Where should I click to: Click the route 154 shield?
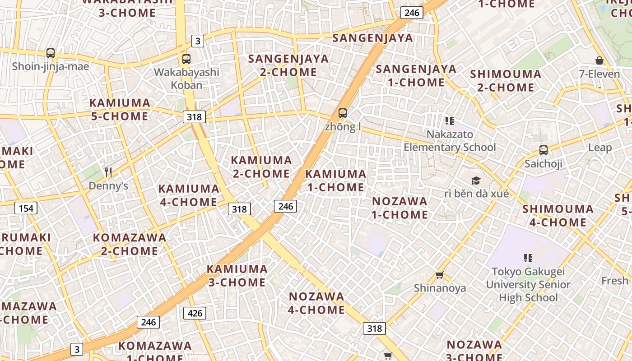point(26,208)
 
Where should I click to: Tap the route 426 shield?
point(195,313)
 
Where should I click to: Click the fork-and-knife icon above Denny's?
point(108,172)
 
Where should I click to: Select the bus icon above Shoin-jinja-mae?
point(51,53)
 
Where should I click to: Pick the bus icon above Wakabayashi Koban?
point(186,59)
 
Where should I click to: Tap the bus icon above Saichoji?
point(544,150)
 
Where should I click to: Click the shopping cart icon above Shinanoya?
point(440,275)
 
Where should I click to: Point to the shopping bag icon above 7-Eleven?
point(599,60)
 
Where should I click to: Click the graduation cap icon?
point(476,181)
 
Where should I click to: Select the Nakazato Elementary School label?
point(450,141)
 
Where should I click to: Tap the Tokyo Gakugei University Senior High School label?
point(528,284)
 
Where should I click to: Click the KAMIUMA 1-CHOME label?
point(335,180)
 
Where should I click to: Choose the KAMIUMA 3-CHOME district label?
point(237,275)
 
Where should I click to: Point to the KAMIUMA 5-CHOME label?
point(120,110)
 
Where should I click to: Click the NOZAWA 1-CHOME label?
point(400,208)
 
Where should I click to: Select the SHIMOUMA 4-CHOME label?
point(558,216)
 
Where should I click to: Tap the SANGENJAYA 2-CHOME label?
point(288,65)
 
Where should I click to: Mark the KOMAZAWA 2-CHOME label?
point(130,244)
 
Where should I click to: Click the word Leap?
point(600,148)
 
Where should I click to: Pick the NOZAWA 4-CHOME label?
point(316,303)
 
